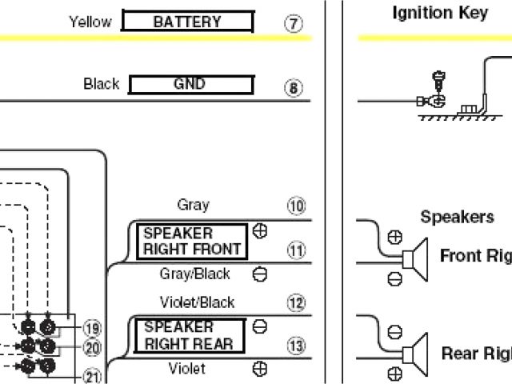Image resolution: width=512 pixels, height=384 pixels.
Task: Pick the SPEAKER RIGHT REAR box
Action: pyautogui.click(x=190, y=335)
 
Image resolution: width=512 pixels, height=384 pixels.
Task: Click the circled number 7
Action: pyautogui.click(x=294, y=23)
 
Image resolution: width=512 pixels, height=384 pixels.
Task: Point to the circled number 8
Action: pyautogui.click(x=294, y=87)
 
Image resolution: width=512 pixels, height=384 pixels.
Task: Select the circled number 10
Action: pyautogui.click(x=297, y=207)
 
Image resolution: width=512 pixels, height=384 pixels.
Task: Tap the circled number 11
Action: pyautogui.click(x=297, y=251)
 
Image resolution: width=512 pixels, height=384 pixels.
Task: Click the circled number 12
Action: pyautogui.click(x=297, y=303)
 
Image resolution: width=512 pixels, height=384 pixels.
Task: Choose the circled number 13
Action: pyautogui.click(x=297, y=346)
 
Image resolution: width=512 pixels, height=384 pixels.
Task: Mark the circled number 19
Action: pyautogui.click(x=92, y=327)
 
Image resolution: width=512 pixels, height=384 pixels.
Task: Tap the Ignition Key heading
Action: pyautogui.click(x=439, y=14)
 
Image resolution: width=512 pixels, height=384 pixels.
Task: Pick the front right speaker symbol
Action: pyautogui.click(x=416, y=258)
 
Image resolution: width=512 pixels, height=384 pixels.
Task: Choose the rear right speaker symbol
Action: pyautogui.click(x=416, y=351)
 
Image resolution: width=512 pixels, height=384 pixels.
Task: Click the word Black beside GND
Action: pyautogui.click(x=101, y=83)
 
